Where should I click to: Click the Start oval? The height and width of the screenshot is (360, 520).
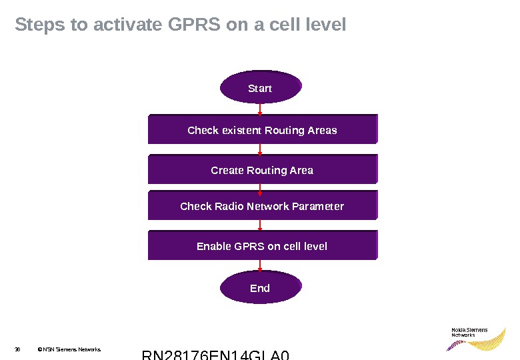click(260, 88)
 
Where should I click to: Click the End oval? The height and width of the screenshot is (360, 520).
click(260, 288)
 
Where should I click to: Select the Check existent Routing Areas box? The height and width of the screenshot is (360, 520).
click(262, 130)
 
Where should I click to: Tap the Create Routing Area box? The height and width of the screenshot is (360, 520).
click(262, 170)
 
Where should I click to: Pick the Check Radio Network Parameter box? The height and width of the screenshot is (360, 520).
click(262, 206)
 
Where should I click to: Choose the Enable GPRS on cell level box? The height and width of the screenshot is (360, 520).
click(262, 246)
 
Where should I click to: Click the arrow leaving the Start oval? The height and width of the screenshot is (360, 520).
click(260, 109)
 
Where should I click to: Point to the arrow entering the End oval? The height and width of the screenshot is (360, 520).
click(260, 266)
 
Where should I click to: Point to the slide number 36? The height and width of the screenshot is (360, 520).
click(18, 349)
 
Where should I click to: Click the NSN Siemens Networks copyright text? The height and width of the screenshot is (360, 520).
click(69, 349)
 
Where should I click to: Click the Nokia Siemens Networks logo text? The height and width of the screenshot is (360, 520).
click(469, 332)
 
